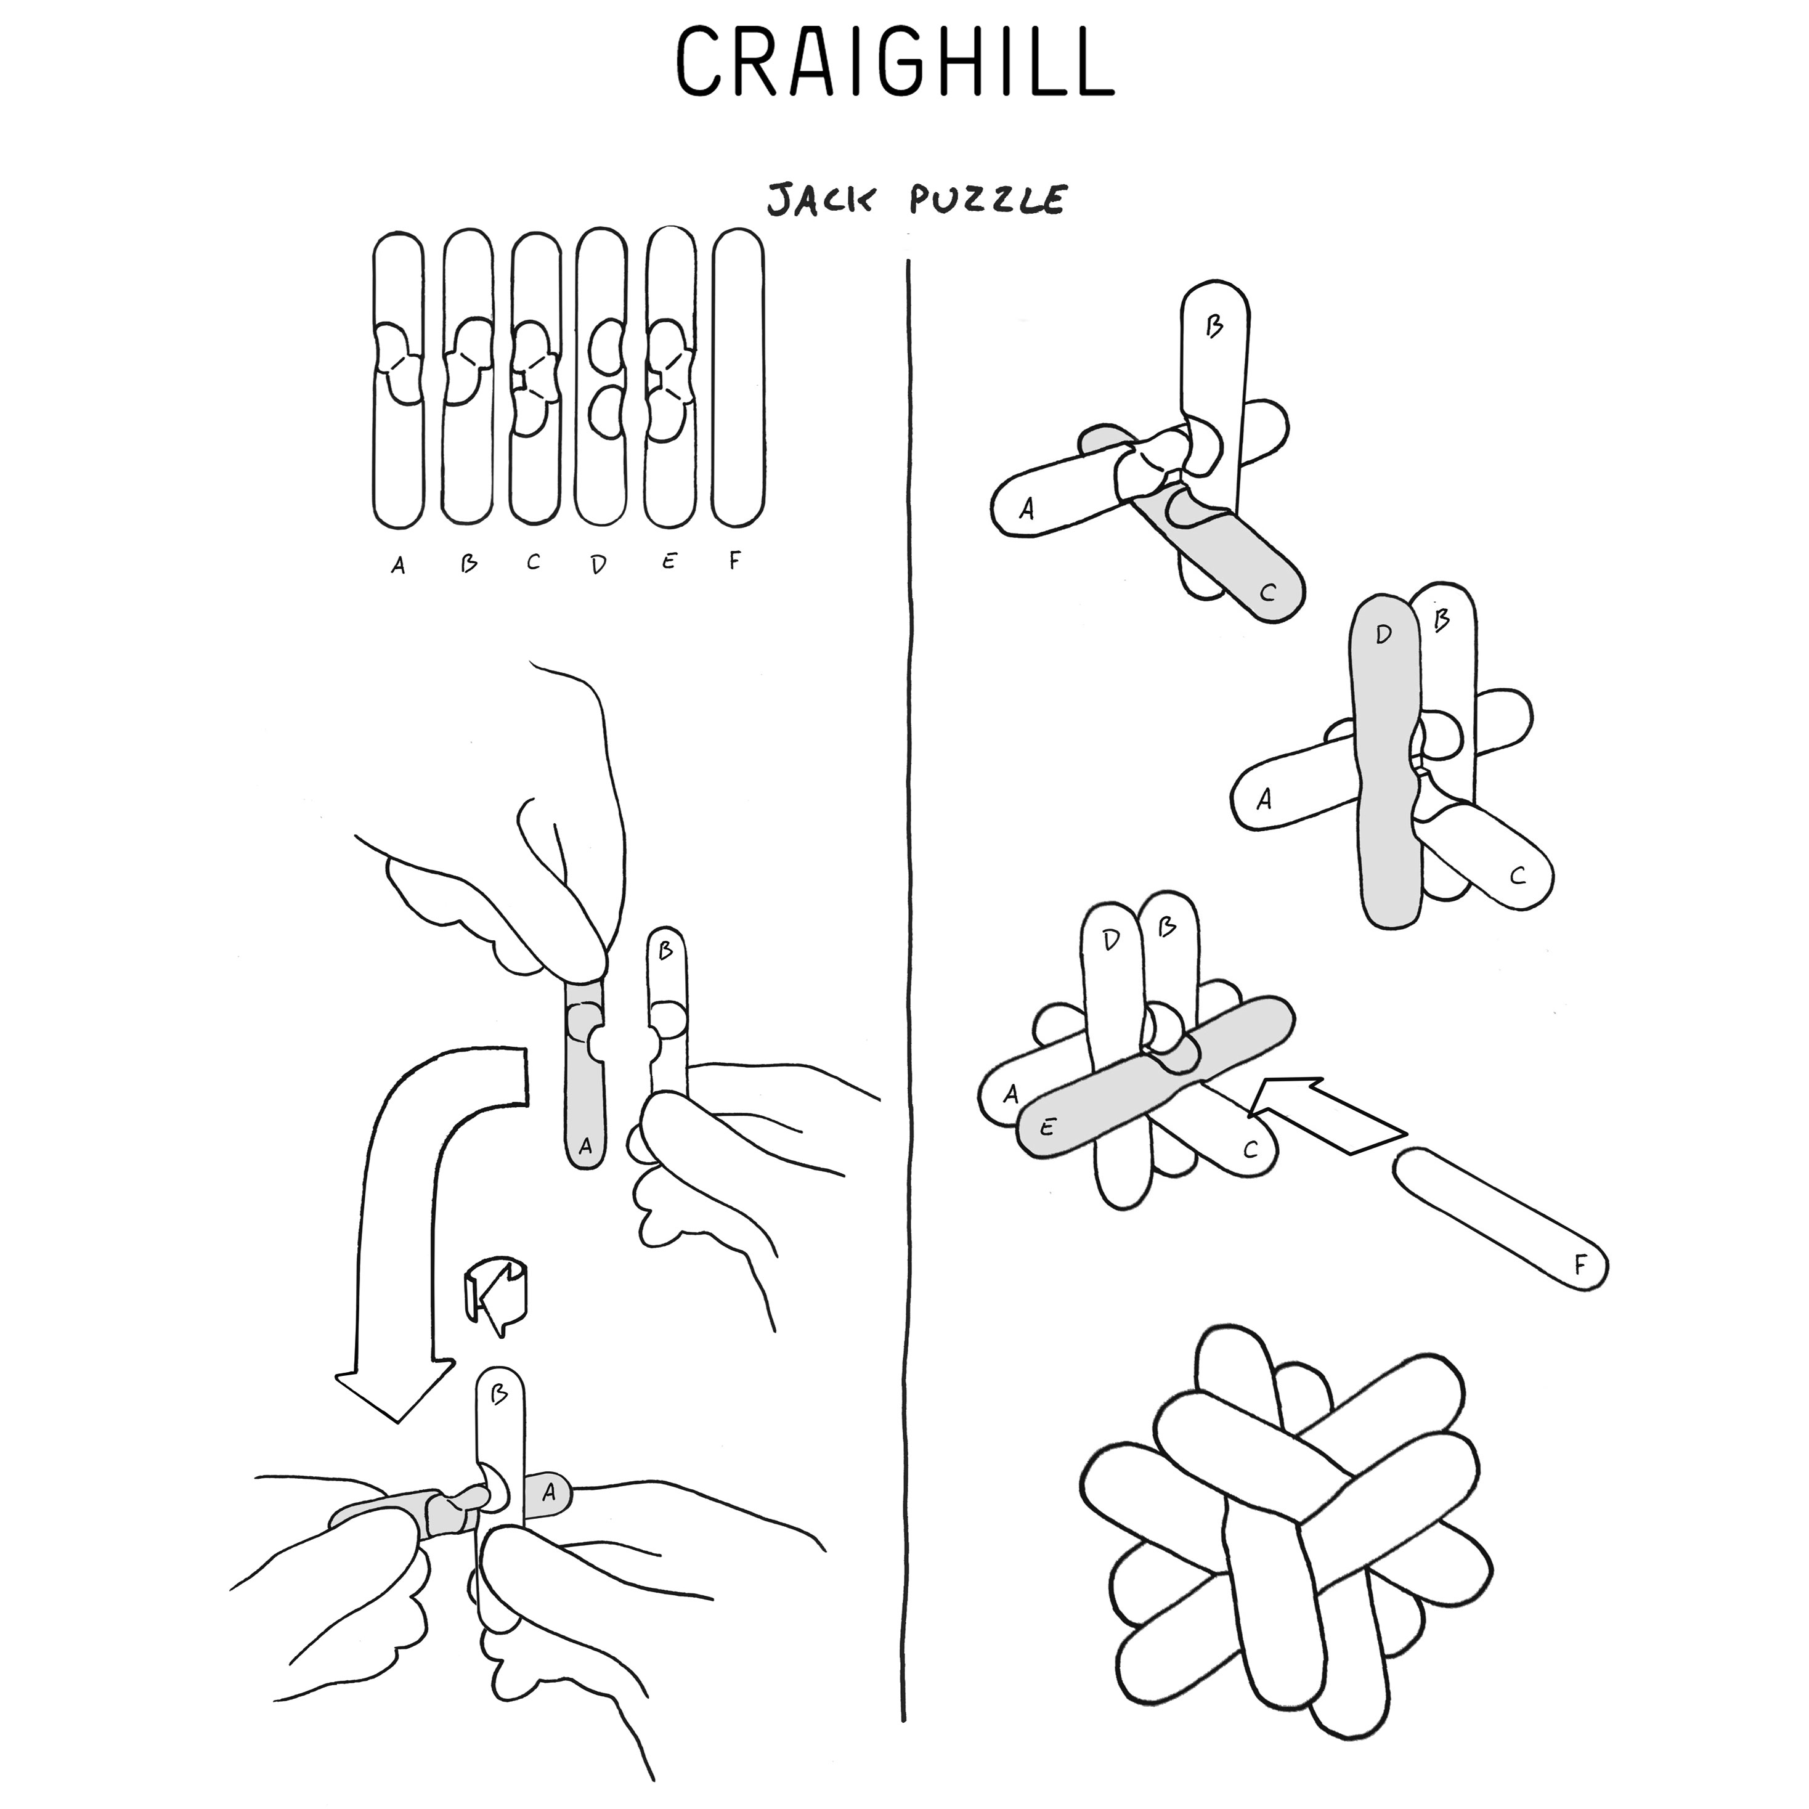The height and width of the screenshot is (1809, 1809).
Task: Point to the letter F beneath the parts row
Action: [735, 562]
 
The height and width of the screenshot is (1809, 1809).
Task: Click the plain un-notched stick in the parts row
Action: [738, 379]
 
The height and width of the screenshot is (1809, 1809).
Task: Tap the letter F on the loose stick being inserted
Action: [1580, 1266]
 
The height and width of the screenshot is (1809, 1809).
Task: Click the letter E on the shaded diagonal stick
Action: [1047, 1128]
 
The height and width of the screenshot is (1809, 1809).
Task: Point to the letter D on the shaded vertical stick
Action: [1384, 635]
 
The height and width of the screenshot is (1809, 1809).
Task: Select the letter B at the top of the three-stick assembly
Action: [1214, 327]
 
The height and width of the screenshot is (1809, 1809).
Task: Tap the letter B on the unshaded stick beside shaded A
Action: [665, 951]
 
